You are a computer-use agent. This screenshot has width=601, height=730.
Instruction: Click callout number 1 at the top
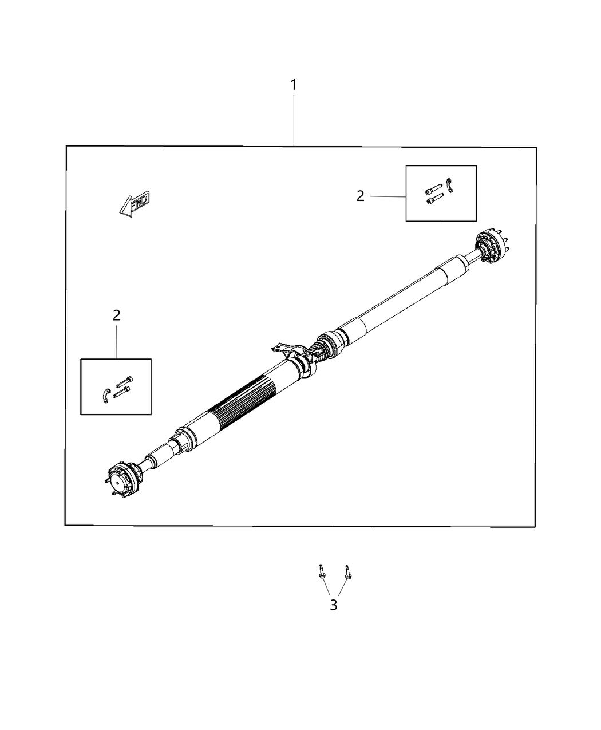(293, 85)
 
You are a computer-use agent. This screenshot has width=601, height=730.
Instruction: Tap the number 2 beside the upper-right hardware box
(360, 196)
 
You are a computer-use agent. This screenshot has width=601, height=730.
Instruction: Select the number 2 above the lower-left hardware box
(117, 315)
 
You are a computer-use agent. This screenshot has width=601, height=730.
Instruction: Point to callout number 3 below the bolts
(334, 605)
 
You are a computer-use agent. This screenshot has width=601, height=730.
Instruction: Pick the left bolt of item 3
(321, 572)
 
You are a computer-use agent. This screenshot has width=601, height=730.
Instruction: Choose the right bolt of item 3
(347, 572)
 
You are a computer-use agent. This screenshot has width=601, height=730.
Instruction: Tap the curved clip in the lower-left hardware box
(105, 394)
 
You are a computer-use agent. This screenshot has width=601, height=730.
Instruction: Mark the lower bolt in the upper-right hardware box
(434, 199)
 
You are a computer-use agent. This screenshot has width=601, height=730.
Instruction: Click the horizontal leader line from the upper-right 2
(388, 196)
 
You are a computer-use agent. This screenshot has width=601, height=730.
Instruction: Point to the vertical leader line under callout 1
(294, 120)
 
